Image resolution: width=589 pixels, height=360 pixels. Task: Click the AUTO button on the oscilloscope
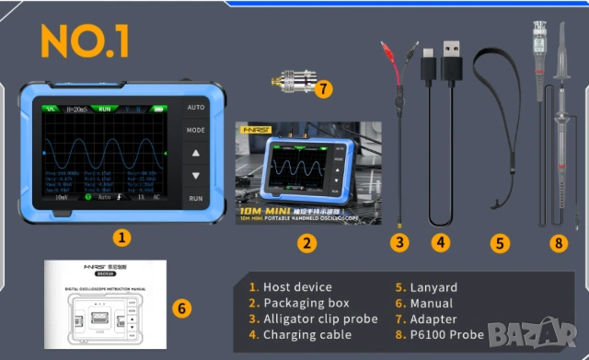click(x=195, y=107)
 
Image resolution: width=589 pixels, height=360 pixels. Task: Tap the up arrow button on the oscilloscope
click(x=195, y=152)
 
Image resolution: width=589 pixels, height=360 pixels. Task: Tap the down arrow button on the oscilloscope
click(x=195, y=175)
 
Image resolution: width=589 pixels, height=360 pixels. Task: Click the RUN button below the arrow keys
click(x=195, y=198)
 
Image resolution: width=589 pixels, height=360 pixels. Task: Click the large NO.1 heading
click(x=85, y=41)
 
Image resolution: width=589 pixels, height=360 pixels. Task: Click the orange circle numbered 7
click(x=321, y=89)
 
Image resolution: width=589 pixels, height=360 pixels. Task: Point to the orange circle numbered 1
click(x=120, y=237)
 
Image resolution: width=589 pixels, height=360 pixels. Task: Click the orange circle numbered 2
click(x=307, y=243)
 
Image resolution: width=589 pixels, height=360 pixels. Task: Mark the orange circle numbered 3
click(x=398, y=243)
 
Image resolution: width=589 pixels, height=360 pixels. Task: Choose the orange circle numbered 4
click(x=442, y=243)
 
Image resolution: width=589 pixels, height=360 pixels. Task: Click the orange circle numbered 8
click(x=557, y=243)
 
